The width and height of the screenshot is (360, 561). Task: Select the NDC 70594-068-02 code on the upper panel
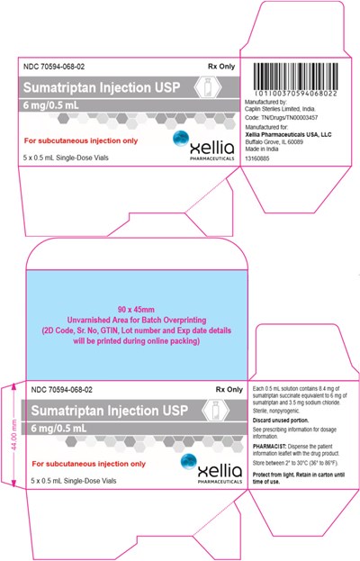point(60,66)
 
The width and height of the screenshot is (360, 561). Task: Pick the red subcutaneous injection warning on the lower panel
point(88,463)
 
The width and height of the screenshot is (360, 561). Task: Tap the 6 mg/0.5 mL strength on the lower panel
point(59,429)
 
